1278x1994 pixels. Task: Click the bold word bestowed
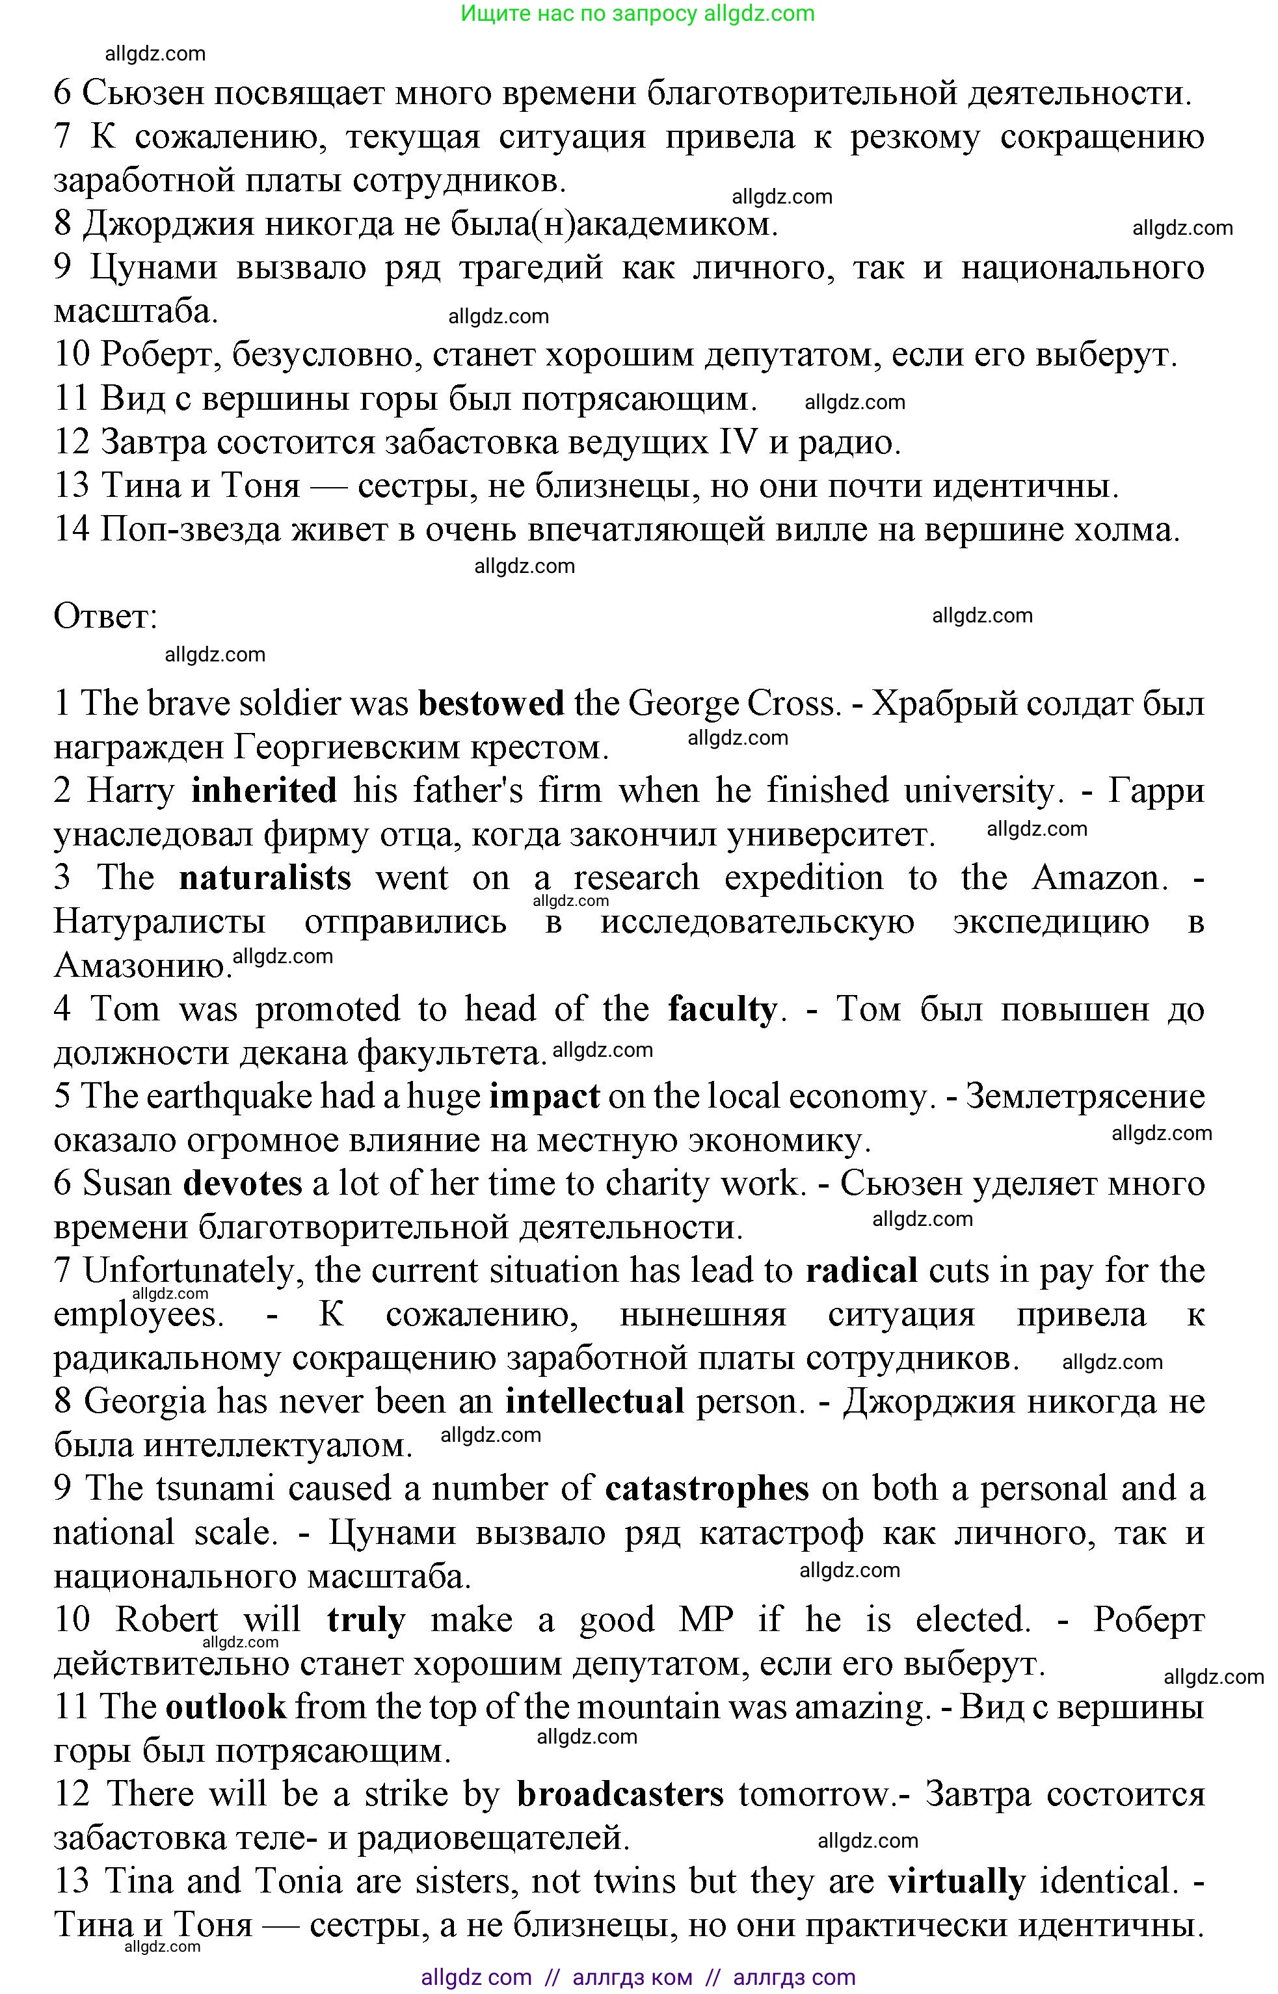[490, 704]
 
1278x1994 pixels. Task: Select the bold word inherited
[264, 791]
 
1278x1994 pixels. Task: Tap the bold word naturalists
[265, 878]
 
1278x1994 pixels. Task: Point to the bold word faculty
[722, 1010]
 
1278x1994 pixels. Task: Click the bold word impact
[544, 1097]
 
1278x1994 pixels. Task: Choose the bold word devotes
[243, 1184]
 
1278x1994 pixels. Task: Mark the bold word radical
[861, 1271]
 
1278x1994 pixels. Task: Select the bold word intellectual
[595, 1402]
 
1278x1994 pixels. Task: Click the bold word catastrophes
[707, 1489]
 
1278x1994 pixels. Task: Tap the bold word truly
[366, 1620]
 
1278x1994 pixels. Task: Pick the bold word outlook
[226, 1707]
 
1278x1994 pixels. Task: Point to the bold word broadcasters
[620, 1794]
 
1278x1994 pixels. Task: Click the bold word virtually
[957, 1881]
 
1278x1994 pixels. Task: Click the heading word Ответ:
[105, 617]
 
